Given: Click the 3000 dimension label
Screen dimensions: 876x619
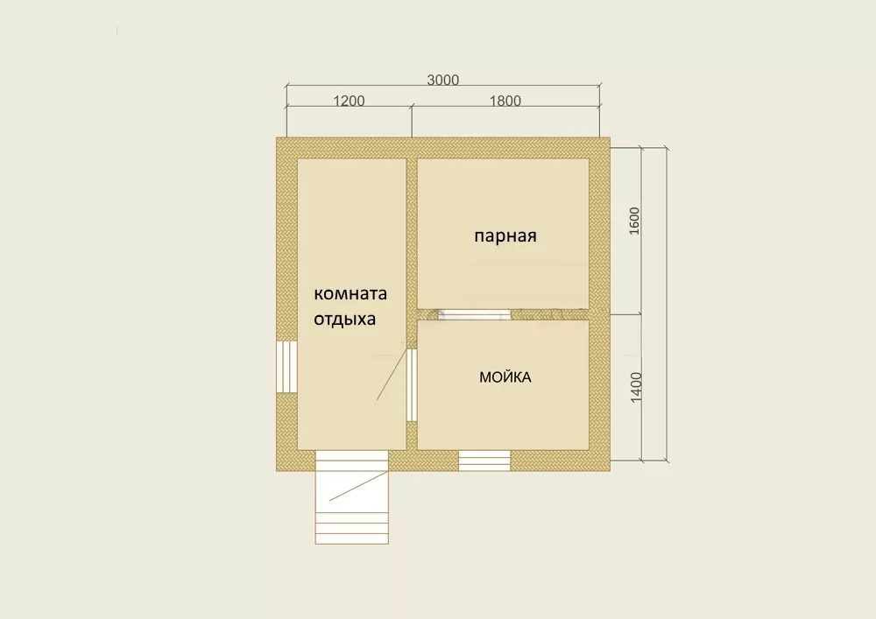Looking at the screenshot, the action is tap(443, 80).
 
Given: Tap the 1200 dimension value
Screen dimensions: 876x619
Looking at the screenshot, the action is tap(349, 101).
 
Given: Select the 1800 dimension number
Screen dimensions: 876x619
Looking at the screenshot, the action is tap(505, 101).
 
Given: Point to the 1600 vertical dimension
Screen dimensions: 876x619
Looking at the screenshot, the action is tap(634, 221).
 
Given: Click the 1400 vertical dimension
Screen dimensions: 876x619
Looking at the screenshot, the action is tap(636, 387).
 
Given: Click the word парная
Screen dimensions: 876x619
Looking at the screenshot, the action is tap(505, 236).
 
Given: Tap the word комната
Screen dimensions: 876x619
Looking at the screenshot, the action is tap(350, 293).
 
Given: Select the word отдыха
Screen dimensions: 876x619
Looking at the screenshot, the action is tap(344, 320).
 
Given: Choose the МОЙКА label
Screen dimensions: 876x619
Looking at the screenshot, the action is tap(505, 376).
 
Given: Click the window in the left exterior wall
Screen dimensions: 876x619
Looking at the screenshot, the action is tap(286, 367).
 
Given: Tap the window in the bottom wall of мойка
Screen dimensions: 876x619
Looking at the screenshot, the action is tap(484, 461).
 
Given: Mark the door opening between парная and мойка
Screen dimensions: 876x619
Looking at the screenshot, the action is tap(474, 314).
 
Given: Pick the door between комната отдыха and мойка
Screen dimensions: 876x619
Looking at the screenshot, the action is tap(412, 385).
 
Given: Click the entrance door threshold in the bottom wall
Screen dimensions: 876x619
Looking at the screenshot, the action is tap(352, 461).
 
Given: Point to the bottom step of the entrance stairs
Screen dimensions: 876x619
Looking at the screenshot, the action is tap(352, 539).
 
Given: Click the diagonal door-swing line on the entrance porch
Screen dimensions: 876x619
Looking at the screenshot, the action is tap(358, 486).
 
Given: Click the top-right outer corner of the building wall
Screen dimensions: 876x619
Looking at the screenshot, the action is tap(610, 137).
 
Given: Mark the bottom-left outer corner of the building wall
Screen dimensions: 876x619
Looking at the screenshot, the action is tap(277, 471).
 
